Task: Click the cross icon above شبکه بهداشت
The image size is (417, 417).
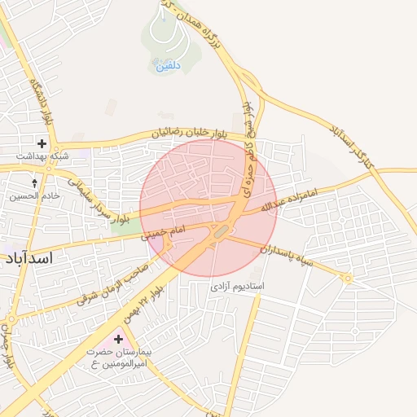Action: [x=42, y=144]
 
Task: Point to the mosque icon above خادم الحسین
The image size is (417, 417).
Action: [x=34, y=184]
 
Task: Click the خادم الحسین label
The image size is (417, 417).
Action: [x=30, y=196]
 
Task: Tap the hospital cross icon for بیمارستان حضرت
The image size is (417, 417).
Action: [x=119, y=338]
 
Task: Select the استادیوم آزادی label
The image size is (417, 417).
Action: [x=238, y=288]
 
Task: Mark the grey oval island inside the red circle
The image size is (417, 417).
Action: [x=221, y=234]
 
